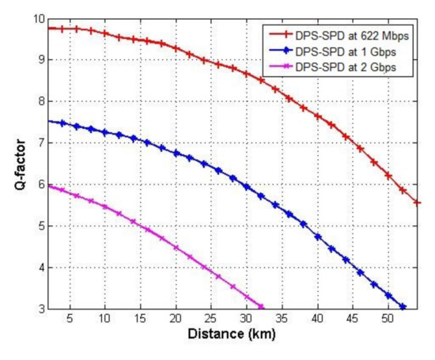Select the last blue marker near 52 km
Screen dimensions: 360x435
click(403, 307)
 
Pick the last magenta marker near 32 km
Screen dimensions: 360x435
click(261, 307)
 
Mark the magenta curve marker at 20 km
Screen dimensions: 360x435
click(176, 248)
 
